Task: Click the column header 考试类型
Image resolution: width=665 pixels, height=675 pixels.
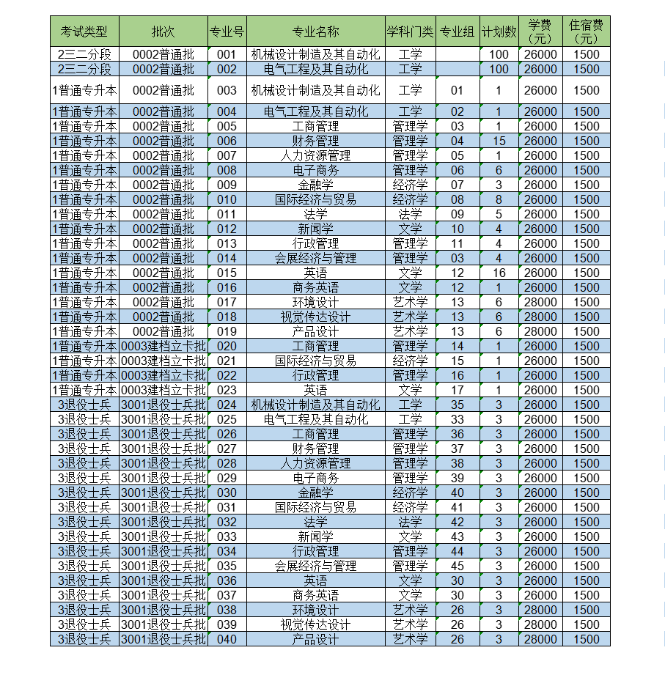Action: tap(84, 32)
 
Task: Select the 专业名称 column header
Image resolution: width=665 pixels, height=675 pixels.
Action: tap(315, 32)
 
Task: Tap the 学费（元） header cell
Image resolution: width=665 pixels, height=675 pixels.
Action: tap(540, 32)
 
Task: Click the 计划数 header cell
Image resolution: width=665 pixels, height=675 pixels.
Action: tap(499, 32)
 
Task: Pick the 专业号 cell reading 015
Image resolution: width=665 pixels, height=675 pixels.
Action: tap(227, 273)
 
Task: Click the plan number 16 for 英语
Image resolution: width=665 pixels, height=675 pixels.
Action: tap(499, 273)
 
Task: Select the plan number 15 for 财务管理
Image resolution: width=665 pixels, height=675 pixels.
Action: tap(499, 141)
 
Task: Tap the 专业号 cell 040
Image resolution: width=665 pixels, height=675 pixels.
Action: tap(227, 639)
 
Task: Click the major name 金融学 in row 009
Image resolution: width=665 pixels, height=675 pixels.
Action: tap(315, 185)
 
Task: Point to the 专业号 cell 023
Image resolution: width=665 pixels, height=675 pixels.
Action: tap(227, 390)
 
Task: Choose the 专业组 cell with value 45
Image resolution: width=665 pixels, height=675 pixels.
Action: tap(458, 566)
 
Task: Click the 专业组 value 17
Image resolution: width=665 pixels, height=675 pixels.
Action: tap(458, 390)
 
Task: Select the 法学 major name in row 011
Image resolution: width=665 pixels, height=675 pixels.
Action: tap(315, 214)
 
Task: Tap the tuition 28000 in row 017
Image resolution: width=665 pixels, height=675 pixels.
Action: tap(540, 302)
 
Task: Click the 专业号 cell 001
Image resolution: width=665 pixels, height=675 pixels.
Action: tap(227, 54)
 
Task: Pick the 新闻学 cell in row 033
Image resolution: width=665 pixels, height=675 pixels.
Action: tap(315, 536)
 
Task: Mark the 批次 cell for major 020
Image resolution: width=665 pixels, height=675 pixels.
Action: tap(163, 346)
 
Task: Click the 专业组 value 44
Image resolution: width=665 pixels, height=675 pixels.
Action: tap(458, 551)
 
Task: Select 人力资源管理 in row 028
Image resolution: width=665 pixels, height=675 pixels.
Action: tap(315, 463)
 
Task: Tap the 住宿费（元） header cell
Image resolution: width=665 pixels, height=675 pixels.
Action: tap(586, 32)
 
